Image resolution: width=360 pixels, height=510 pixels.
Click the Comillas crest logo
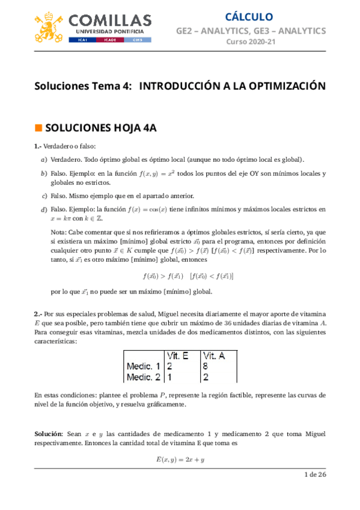[49, 27]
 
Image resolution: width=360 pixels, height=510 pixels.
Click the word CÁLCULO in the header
[249, 16]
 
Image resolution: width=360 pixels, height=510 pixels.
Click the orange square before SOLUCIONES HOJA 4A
[38, 127]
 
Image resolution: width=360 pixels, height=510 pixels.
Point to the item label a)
[43, 159]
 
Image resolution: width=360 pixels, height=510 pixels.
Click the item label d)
[43, 209]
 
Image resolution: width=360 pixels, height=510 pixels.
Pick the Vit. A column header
[215, 356]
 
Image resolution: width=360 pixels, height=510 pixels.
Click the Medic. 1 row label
[143, 366]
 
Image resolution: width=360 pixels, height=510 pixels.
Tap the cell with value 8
[206, 366]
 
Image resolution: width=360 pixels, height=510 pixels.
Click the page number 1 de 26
[314, 475]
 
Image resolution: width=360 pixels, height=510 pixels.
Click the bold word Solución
[48, 434]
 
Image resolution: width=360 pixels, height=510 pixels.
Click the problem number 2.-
[38, 314]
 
